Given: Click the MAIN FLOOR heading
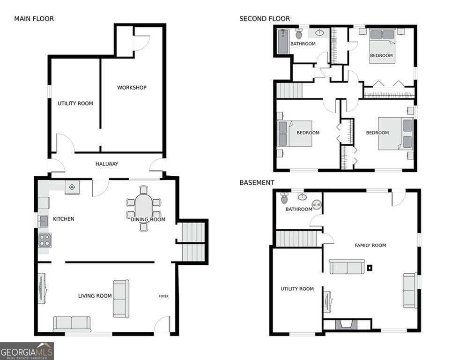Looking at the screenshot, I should pos(34,19).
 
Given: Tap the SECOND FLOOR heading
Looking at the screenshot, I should pos(265,19).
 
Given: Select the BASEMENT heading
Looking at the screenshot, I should pos(257,182).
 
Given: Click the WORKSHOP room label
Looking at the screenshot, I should pos(132,88).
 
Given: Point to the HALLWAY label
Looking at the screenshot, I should pos(107,164).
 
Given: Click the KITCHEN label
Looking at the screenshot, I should pos(63,219).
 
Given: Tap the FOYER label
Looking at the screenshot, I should pos(163,296).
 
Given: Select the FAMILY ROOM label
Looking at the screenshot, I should pos(370,245).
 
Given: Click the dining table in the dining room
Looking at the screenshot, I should pos(144,208).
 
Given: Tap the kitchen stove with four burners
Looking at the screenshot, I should pos(45,240).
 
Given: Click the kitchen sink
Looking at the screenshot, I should pos(43,220).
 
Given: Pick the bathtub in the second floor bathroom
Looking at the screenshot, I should pos(282,41).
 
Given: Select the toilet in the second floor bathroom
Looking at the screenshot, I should pos(299,34).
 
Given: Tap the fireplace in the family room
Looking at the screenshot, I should pos(347,324).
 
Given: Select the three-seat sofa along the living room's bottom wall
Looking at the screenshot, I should pos(72,323).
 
